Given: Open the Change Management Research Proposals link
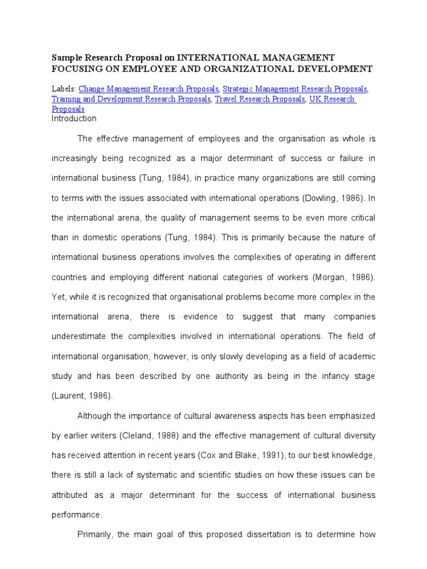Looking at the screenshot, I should pos(149,89).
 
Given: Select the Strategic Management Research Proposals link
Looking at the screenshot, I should pos(295,89).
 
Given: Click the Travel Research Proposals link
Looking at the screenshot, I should pos(260,99).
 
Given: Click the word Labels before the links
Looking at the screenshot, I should pos(63,89).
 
